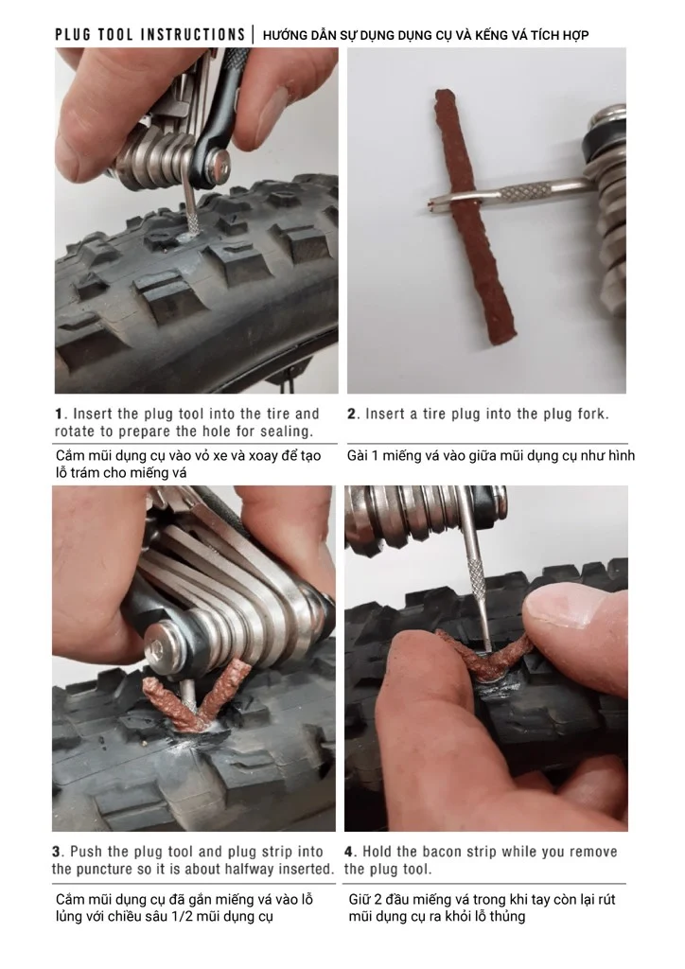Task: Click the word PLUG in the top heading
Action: point(72,35)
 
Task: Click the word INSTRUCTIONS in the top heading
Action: point(193,35)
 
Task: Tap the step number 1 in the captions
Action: point(59,414)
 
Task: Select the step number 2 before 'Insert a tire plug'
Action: point(351,414)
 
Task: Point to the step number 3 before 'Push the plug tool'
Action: point(56,852)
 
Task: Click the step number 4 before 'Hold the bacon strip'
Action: point(349,852)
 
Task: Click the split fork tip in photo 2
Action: point(440,201)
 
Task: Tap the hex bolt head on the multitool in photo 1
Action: point(220,164)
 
